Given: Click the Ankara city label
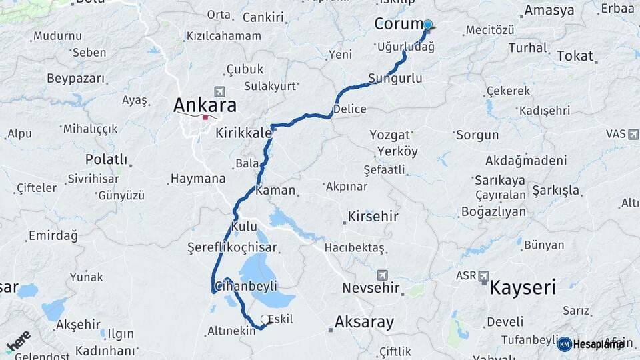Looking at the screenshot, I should [205, 105].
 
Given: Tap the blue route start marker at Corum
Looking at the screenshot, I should [427, 25].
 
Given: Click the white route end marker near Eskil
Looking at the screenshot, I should [265, 319].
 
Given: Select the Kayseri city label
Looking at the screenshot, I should [523, 288].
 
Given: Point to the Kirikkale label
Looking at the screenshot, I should [243, 133].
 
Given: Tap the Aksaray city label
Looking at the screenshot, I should [364, 322].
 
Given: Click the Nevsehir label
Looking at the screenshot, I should [371, 288].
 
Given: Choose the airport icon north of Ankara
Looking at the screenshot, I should [220, 91].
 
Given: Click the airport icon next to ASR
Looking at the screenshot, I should [483, 275].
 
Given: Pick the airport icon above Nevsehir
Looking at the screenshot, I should [383, 274].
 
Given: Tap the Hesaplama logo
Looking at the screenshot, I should [591, 344].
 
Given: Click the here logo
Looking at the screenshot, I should [19, 341].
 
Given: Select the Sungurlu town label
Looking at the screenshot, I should [395, 79].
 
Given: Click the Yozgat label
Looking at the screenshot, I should [389, 135].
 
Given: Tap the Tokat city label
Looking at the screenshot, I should [575, 56].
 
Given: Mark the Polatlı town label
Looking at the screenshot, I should [106, 159].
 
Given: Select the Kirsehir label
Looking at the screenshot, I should [373, 217].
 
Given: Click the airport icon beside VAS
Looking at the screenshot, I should [633, 134].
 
